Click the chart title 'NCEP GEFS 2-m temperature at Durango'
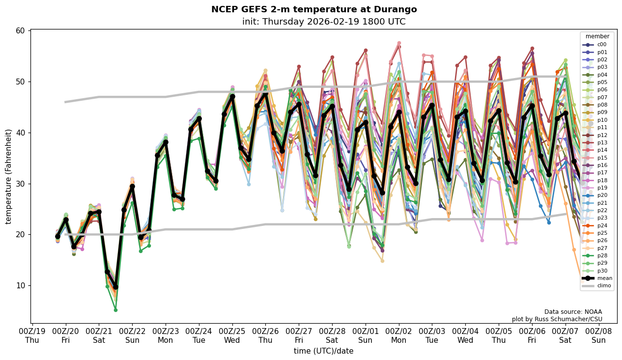(314, 9)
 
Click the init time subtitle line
(324, 22)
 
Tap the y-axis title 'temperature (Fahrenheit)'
(9, 176)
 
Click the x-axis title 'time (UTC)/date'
(323, 351)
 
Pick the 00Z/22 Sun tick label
(133, 335)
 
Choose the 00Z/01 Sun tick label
(366, 335)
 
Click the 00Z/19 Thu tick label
(32, 335)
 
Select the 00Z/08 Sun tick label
(598, 335)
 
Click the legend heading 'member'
(597, 36)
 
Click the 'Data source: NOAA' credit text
(573, 312)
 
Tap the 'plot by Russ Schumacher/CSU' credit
(557, 319)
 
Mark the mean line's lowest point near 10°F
(115, 287)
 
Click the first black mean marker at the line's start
(57, 236)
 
